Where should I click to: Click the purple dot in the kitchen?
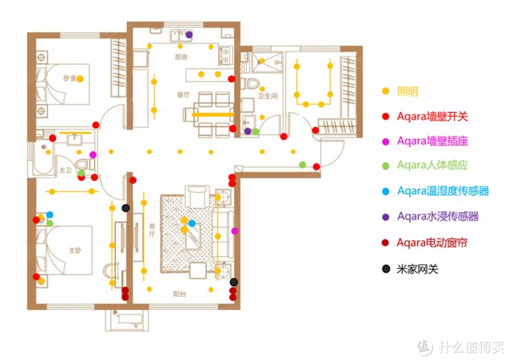click(189, 34)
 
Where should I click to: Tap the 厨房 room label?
click(181, 57)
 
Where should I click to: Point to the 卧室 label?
click(69, 78)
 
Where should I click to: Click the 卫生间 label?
click(267, 96)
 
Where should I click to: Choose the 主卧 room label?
click(73, 250)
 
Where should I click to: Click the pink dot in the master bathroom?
click(93, 155)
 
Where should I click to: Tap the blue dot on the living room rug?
click(192, 223)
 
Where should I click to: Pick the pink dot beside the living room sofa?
click(235, 232)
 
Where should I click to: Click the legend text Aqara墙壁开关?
click(433, 116)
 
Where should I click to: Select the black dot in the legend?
click(385, 268)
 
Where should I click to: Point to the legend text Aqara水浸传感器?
click(437, 217)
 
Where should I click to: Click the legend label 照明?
click(407, 91)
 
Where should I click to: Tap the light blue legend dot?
click(385, 192)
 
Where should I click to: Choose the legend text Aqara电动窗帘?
click(437, 243)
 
